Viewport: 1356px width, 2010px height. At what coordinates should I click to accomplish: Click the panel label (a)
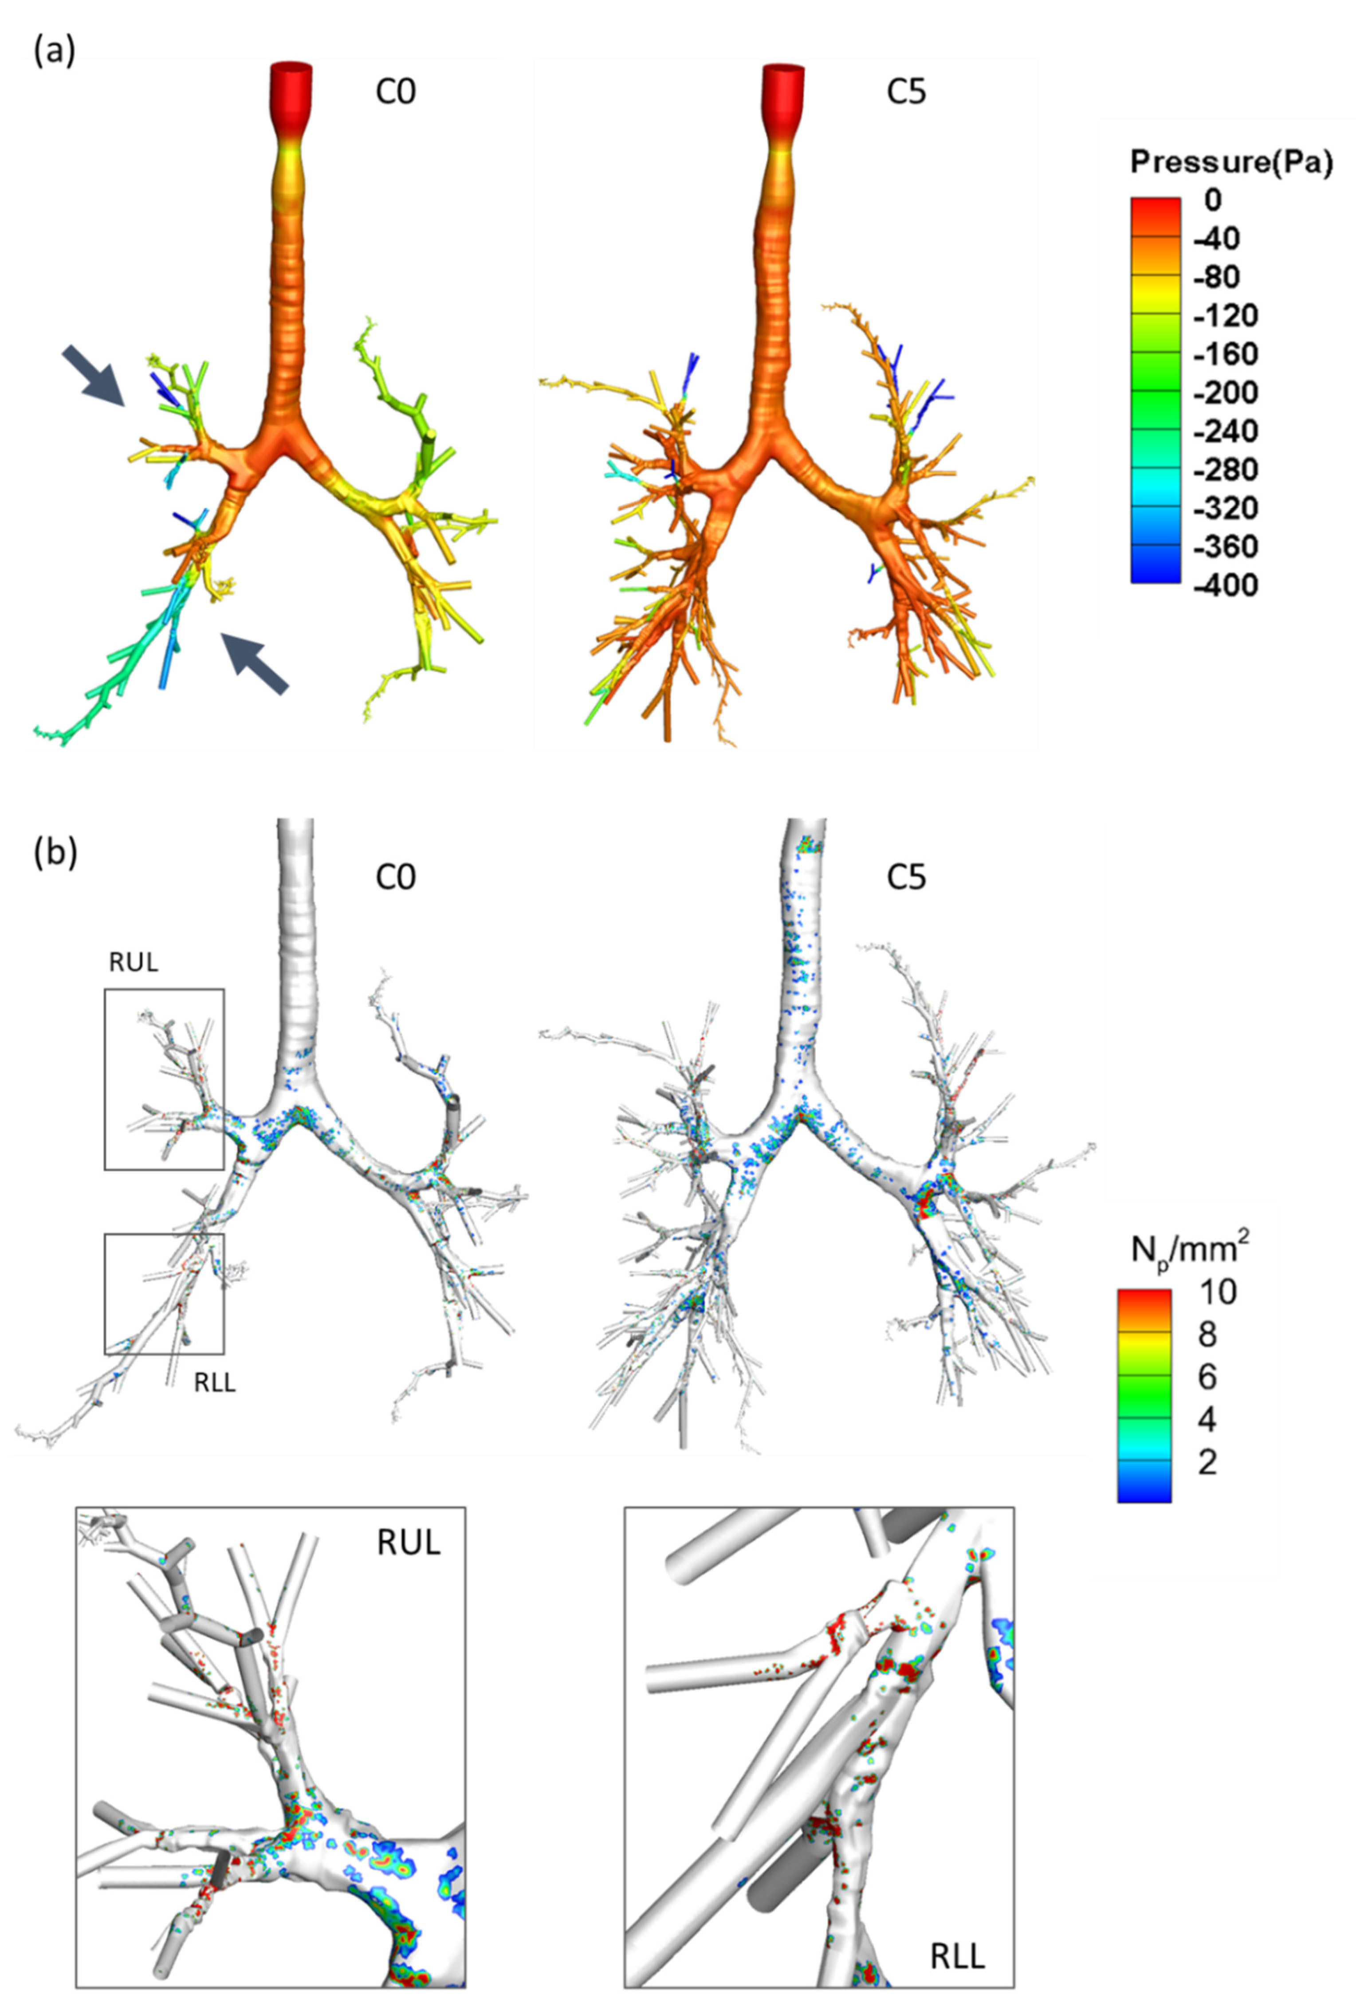(54, 52)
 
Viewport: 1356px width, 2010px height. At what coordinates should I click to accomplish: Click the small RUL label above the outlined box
(133, 962)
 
